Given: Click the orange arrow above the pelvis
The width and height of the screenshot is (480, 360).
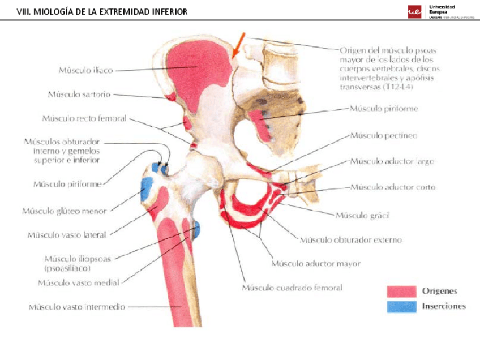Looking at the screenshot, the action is tap(237, 44).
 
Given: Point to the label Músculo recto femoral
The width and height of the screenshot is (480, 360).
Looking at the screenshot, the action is tap(84, 119).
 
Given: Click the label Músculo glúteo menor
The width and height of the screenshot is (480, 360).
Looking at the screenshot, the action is tap(64, 211).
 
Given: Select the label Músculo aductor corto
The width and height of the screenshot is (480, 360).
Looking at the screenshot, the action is tap(392, 187).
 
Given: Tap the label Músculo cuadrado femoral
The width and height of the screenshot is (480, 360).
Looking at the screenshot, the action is tap(292, 288).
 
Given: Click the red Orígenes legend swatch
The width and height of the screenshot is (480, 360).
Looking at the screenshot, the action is tap(400, 292).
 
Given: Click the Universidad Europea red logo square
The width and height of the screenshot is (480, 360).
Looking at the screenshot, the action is tap(414, 11).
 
